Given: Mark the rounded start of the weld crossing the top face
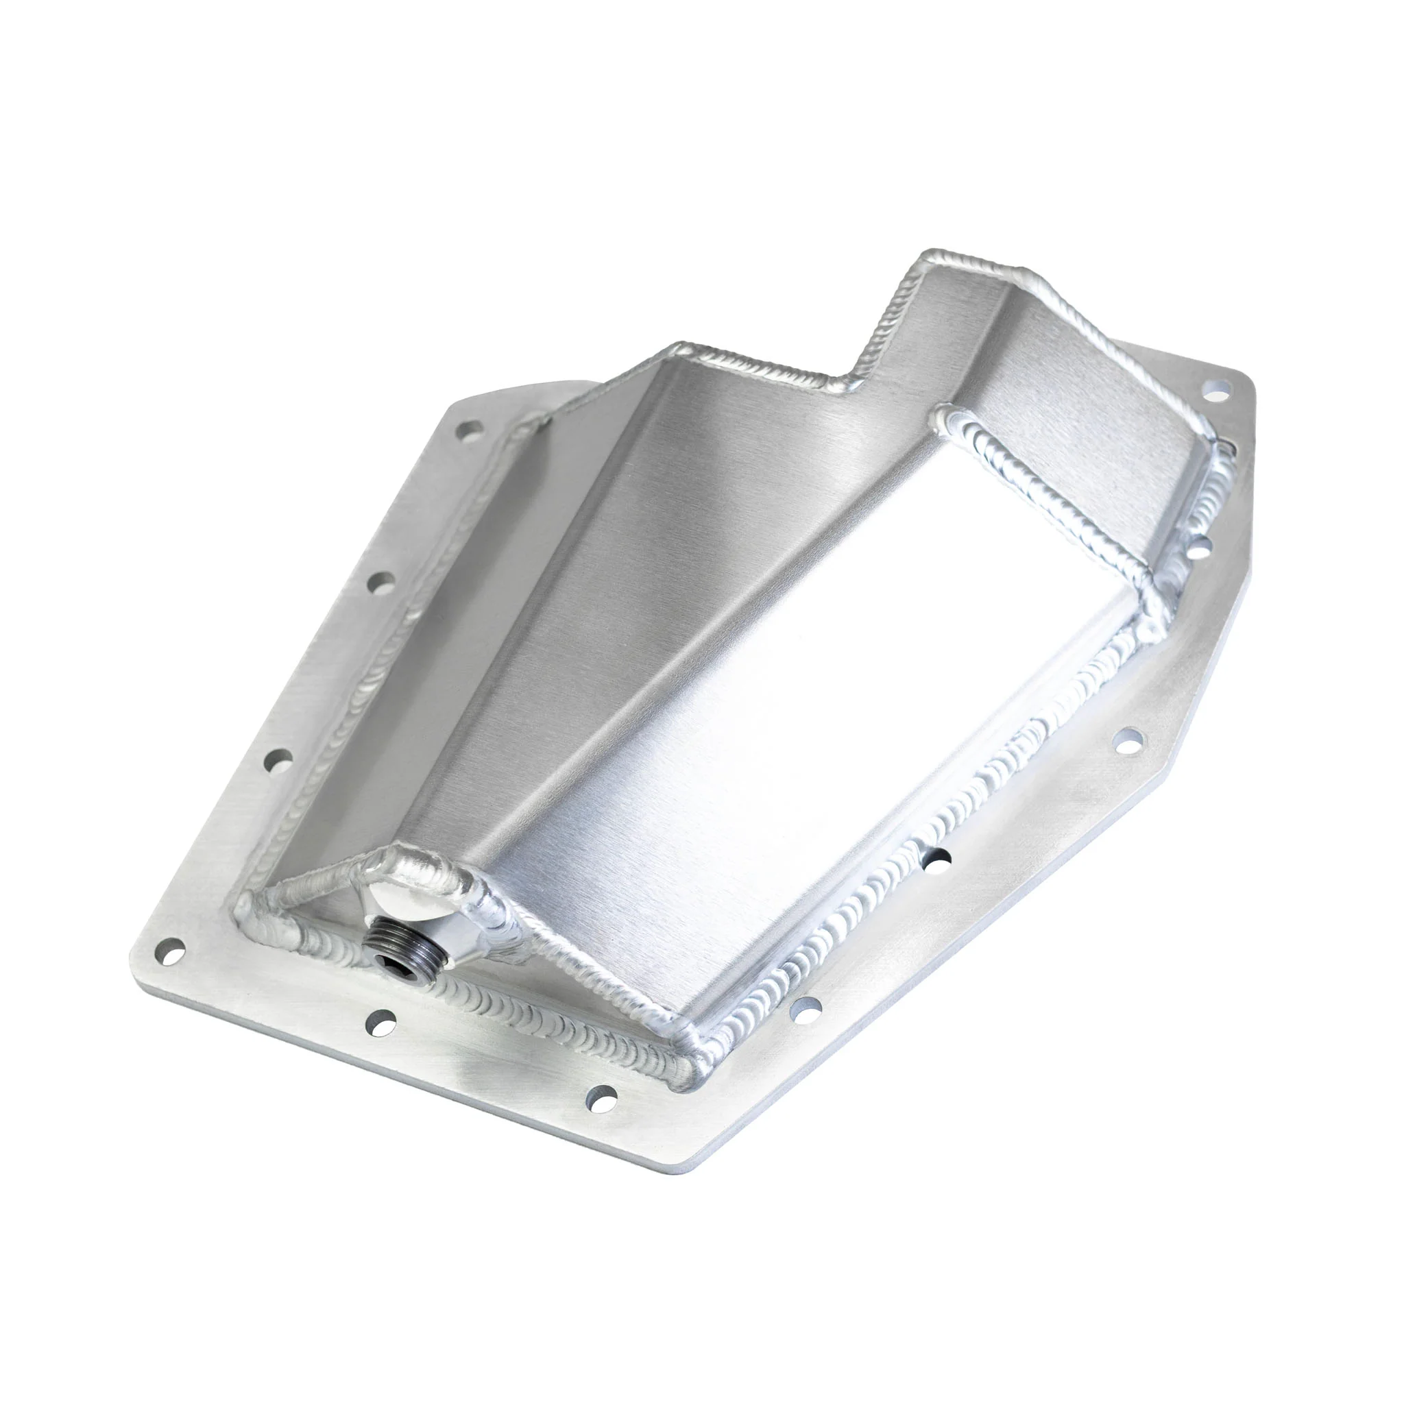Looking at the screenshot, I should pos(943,415).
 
